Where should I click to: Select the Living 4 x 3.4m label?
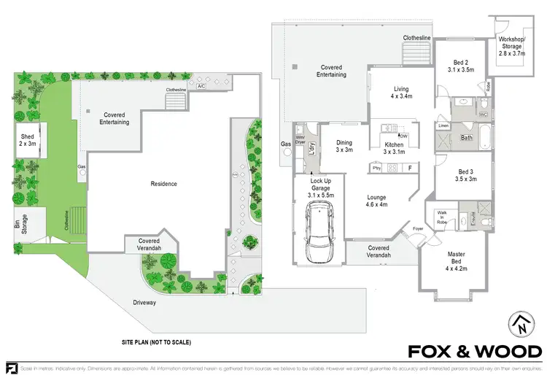(400, 90)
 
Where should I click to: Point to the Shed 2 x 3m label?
(28, 140)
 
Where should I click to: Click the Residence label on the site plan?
(163, 184)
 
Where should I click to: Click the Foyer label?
(418, 229)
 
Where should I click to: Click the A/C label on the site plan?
(201, 85)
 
